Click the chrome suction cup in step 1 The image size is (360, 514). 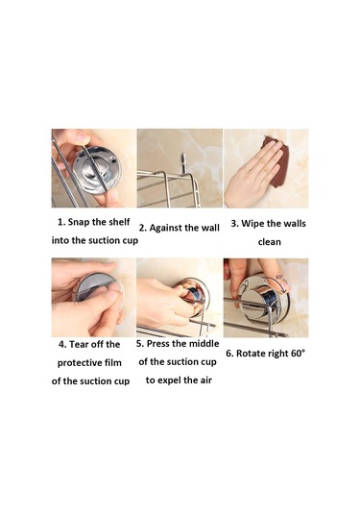(x=97, y=170)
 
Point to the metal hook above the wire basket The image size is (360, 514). (x=182, y=165)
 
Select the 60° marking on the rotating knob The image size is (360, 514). (x=279, y=277)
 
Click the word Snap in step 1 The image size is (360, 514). (x=79, y=222)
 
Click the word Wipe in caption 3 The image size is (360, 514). (x=252, y=224)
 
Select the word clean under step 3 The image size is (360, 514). (x=269, y=242)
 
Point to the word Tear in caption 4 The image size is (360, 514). (x=78, y=345)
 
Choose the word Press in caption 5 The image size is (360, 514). (x=157, y=344)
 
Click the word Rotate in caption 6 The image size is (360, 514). (x=251, y=354)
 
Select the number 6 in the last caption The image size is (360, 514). (x=229, y=354)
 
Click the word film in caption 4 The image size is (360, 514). (x=113, y=362)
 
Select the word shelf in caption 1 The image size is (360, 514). (x=118, y=222)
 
